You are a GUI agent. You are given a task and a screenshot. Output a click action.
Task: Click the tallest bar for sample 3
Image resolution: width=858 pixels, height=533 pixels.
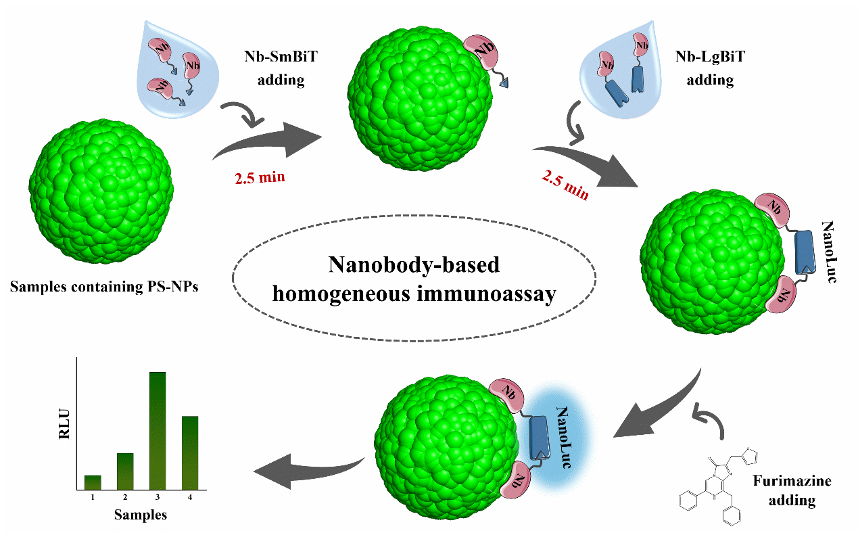(158, 430)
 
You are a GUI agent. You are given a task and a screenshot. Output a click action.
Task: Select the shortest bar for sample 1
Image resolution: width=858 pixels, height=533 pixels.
(93, 482)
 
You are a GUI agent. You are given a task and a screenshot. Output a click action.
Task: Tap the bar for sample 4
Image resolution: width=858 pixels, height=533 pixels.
(190, 452)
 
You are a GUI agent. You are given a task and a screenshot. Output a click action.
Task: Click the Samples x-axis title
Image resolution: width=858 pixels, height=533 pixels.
(140, 515)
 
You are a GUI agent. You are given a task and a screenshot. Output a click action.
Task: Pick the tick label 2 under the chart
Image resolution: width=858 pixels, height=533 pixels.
(125, 497)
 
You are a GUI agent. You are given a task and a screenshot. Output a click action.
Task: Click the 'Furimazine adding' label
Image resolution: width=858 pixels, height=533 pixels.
(792, 491)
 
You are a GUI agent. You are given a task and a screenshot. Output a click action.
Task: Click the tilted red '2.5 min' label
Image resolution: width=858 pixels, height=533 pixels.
(565, 184)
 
